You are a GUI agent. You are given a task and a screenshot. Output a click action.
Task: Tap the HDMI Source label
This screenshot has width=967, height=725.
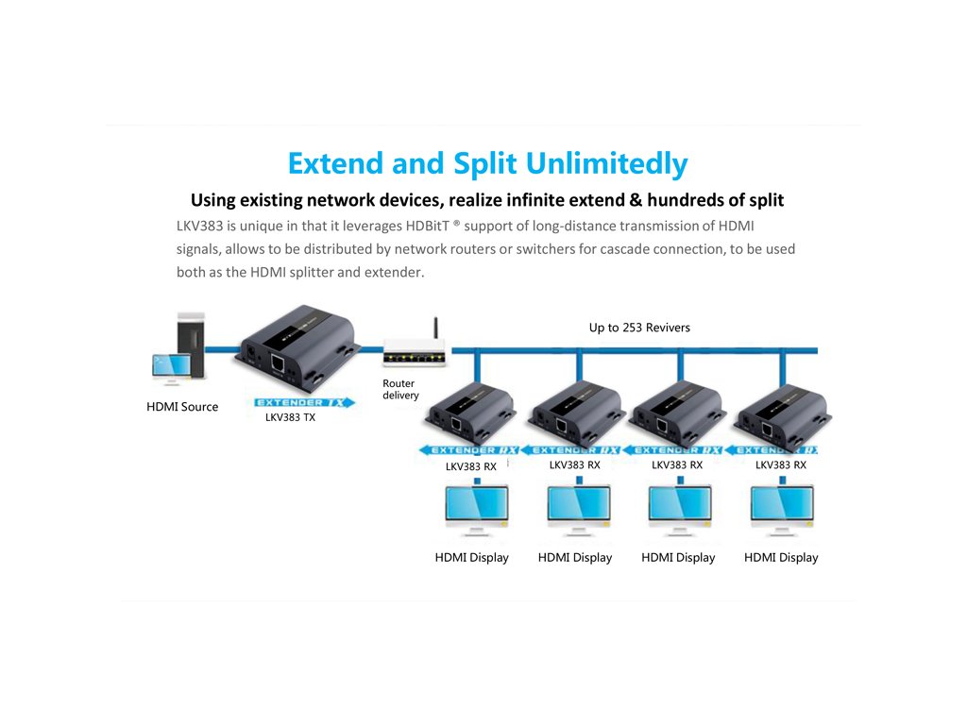pos(182,407)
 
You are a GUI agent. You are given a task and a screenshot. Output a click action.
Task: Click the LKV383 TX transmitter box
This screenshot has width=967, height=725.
pos(296,348)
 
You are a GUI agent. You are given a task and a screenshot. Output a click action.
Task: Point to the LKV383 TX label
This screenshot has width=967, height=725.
pos(290,417)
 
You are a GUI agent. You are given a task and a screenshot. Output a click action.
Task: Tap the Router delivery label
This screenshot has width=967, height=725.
pos(399,389)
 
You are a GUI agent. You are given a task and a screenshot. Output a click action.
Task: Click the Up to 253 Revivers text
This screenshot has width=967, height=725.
pos(639,328)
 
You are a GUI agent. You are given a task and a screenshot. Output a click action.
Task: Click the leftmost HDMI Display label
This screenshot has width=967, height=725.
pos(471,558)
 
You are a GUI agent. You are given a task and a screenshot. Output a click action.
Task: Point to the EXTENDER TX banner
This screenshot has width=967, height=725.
pos(304,402)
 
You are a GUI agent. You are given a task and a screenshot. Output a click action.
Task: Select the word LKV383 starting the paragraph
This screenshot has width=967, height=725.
pos(198,227)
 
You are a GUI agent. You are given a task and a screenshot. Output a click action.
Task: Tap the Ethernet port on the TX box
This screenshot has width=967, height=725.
pos(280,362)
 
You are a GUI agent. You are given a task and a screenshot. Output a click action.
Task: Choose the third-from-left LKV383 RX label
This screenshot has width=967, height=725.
pos(677,464)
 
